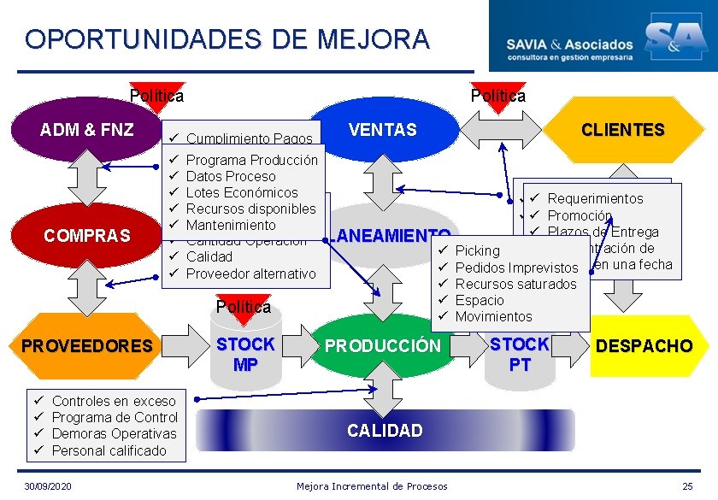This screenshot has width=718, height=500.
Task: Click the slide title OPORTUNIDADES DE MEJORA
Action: point(227,39)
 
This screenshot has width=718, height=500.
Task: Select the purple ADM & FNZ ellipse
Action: point(86,130)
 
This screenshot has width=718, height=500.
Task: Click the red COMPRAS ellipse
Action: point(86,234)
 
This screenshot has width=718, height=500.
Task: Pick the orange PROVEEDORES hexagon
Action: point(86,346)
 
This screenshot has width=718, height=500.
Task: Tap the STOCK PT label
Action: point(520,354)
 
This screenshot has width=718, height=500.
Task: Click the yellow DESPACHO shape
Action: point(644,346)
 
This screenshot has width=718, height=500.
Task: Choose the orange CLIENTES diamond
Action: point(622,130)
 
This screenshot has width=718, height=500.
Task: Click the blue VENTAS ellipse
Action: point(382,130)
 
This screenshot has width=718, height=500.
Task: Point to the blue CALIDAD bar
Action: point(384,430)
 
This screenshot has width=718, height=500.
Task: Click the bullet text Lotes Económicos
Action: point(242,192)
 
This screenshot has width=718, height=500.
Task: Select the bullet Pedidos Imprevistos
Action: point(516,268)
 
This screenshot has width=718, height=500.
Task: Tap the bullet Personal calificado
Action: point(109,450)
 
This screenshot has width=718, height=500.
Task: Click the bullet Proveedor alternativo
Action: point(250,274)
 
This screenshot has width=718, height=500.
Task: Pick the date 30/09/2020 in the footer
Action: point(48,486)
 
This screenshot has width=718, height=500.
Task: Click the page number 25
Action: point(687,486)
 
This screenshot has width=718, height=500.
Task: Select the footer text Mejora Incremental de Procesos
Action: point(372,486)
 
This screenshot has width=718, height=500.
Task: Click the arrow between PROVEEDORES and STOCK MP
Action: point(179,345)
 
